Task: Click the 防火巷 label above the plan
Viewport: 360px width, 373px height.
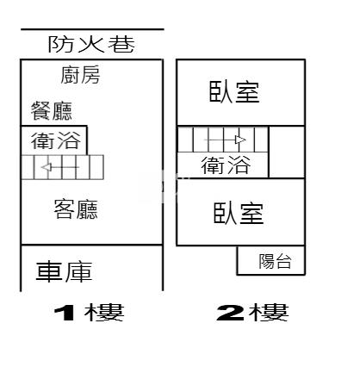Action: (91, 45)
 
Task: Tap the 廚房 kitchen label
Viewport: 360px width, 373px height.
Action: (80, 75)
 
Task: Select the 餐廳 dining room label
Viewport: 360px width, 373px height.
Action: (52, 111)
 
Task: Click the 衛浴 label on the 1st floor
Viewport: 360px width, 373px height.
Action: (56, 140)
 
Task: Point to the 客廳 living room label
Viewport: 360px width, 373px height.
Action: (76, 209)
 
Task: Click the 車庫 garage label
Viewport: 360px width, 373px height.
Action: (64, 271)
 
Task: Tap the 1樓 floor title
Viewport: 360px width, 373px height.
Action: (89, 313)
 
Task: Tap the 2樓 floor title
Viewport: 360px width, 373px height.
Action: (252, 313)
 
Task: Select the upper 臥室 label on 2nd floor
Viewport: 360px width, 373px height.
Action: (234, 92)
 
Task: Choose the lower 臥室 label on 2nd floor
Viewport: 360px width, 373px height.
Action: (239, 214)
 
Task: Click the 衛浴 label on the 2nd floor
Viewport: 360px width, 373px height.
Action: (226, 165)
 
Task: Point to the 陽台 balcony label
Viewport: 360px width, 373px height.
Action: (275, 261)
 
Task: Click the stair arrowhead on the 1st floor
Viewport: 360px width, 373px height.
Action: (47, 167)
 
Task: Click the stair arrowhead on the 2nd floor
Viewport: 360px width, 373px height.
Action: (240, 140)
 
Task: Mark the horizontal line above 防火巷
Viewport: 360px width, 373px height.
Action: (92, 29)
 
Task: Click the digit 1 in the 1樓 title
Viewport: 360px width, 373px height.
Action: (65, 313)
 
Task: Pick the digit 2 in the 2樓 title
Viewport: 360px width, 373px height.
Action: (230, 313)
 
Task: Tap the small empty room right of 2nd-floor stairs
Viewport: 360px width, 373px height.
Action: (287, 152)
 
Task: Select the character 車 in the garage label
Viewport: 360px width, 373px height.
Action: (49, 271)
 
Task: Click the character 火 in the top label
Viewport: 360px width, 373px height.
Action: (91, 45)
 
